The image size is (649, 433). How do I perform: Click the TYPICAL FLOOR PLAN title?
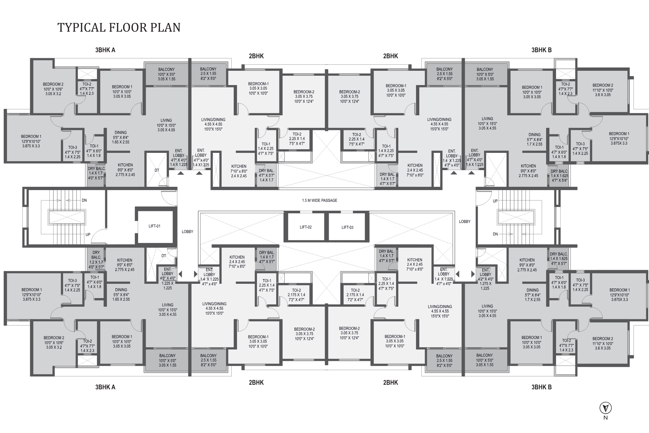coord(119,27)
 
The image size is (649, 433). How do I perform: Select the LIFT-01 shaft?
coord(154,226)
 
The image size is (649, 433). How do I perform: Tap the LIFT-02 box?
coord(305,227)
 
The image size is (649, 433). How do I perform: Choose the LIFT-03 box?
coord(347,227)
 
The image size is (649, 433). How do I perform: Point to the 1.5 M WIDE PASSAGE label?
coord(319,200)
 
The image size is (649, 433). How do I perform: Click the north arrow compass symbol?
coord(606,408)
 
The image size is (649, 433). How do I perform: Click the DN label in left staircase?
coord(84,200)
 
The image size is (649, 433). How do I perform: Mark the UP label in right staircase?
coord(495,201)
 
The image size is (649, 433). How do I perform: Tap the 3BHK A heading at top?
coord(105,50)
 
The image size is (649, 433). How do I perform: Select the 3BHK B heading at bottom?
coord(541,387)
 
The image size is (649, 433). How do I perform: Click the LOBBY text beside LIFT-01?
coord(187,232)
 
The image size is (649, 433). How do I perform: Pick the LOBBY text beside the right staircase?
coord(464,221)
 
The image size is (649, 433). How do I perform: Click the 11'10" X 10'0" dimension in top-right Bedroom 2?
coord(603,90)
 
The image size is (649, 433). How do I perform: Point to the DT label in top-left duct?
coord(157,170)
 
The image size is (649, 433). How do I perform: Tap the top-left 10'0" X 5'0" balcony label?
coord(167,74)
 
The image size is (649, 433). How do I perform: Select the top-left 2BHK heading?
coord(256,56)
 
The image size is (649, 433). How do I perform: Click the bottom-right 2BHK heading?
coord(390,382)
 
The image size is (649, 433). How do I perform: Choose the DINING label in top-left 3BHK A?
coord(121,133)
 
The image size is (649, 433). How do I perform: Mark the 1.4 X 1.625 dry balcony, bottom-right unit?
coord(559,259)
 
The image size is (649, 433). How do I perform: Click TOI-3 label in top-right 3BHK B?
coord(580,144)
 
